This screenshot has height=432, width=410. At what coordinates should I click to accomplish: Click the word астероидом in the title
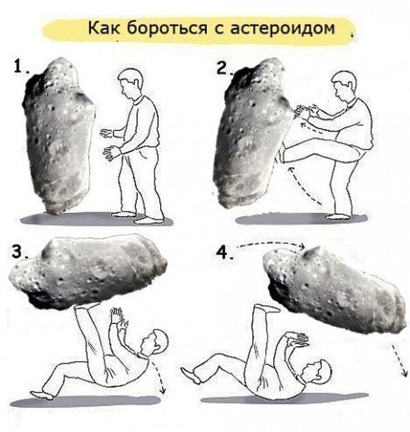[282, 28]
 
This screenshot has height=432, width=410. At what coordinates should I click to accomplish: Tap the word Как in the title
[104, 28]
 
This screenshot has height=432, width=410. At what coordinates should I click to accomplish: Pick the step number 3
[18, 251]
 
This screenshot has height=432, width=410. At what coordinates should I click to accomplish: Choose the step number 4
[223, 253]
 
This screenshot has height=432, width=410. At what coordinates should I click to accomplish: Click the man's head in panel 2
[344, 85]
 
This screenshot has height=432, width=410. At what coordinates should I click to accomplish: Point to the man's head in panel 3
[153, 343]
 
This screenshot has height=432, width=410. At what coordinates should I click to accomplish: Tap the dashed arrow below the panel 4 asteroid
[400, 359]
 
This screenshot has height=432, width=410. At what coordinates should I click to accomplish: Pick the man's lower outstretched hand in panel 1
[112, 153]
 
